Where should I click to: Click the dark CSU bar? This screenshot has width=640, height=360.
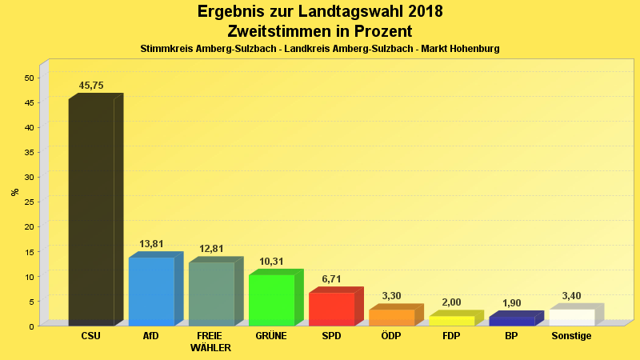click(x=91, y=212)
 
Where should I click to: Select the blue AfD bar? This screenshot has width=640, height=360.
click(x=151, y=291)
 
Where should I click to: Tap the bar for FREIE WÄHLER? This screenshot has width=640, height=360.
click(x=211, y=294)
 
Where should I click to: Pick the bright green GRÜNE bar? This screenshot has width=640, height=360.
click(x=271, y=300)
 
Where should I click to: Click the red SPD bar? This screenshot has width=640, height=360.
click(x=331, y=309)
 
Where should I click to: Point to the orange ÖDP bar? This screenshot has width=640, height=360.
click(x=391, y=317)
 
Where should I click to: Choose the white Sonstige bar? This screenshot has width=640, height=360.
click(x=571, y=317)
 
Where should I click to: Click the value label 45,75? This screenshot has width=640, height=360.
click(x=91, y=86)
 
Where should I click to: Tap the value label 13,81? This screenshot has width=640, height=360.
click(x=151, y=244)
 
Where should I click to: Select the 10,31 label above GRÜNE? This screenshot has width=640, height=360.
click(x=271, y=262)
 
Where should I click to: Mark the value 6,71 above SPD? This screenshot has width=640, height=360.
click(x=331, y=279)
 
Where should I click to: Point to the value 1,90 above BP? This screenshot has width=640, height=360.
click(x=511, y=303)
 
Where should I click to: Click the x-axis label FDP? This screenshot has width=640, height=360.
click(x=451, y=336)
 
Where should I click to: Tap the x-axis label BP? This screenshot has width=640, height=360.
click(x=511, y=336)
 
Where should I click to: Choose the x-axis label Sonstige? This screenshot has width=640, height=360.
click(x=571, y=336)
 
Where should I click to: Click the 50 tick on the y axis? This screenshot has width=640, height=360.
click(x=29, y=78)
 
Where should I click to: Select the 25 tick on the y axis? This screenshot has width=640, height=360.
click(x=29, y=202)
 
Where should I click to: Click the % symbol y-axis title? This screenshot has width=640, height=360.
click(x=14, y=192)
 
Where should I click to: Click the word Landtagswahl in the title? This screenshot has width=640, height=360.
click(x=361, y=12)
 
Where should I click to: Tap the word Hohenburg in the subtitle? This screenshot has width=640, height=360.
click(x=473, y=49)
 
